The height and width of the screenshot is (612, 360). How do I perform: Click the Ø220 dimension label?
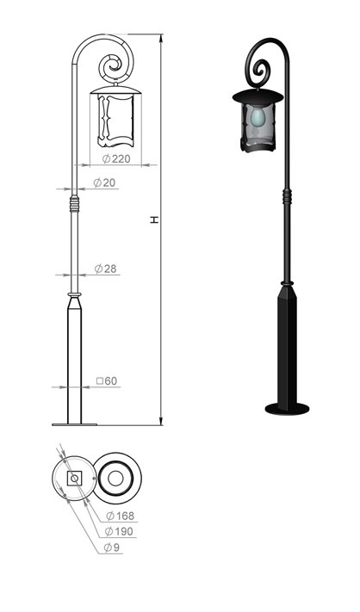tap(116, 159)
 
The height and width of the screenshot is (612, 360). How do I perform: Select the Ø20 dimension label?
tap(105, 182)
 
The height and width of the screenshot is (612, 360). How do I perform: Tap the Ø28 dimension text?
tap(105, 269)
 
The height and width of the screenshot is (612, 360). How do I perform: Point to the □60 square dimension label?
tap(107, 381)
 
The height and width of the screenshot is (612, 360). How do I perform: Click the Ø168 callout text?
tap(121, 516)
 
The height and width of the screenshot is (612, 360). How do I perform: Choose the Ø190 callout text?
tap(119, 532)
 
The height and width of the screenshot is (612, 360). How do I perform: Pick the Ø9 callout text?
tap(112, 547)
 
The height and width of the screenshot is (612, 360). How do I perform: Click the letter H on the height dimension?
tap(155, 220)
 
